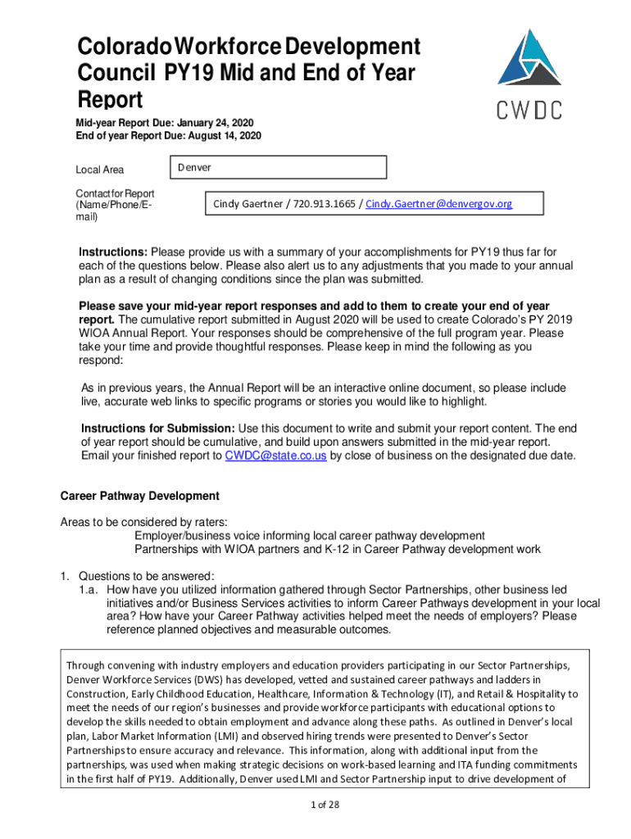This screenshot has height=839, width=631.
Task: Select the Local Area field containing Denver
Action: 276,168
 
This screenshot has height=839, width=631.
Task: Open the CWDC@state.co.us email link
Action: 276,456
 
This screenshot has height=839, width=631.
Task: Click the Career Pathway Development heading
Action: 140,496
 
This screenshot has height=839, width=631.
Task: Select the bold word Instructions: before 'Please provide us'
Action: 113,251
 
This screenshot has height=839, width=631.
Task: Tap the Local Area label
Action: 100,170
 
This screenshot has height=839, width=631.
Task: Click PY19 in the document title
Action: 194,74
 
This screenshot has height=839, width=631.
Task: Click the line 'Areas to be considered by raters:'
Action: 144,522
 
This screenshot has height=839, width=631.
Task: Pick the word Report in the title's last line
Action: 109,100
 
